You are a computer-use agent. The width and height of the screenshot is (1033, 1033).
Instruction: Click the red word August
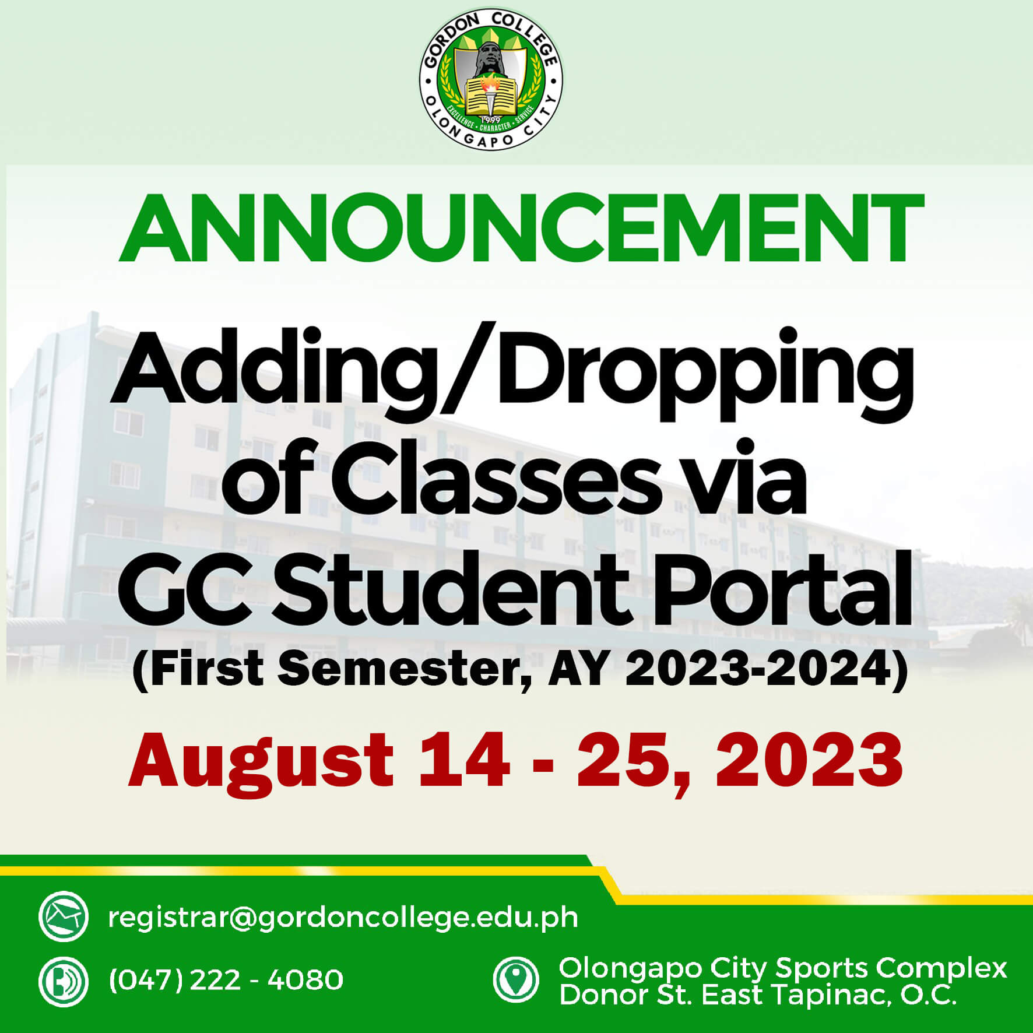coord(261,760)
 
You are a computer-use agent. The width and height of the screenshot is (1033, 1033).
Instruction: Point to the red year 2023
coord(809,758)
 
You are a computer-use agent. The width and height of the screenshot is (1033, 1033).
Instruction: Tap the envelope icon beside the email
coord(64,916)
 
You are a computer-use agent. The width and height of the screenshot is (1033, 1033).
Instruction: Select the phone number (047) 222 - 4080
coord(226,980)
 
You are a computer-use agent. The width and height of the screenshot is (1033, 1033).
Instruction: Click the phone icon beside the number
coord(64,981)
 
